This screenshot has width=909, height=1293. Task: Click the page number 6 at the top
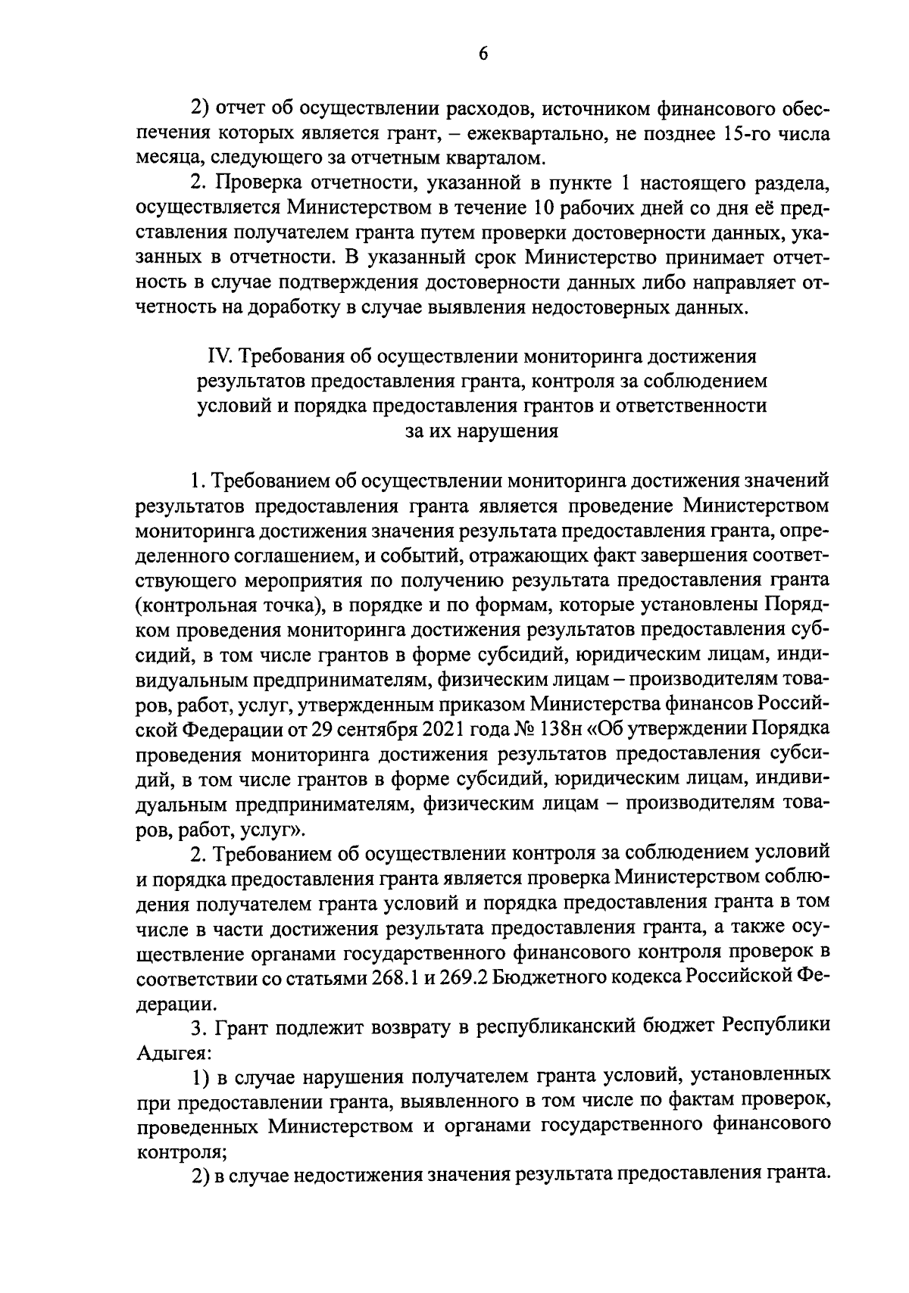click(483, 52)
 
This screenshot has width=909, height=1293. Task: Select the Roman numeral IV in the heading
click(219, 356)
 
